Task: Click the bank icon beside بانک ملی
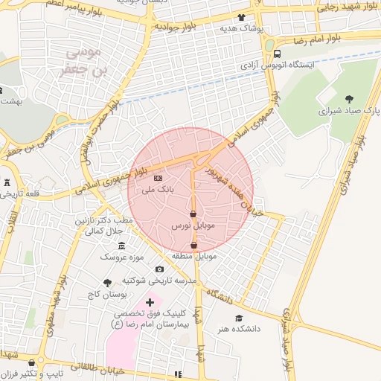[x=158, y=179]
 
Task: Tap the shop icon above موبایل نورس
[x=193, y=214]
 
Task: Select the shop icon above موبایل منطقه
[x=194, y=245]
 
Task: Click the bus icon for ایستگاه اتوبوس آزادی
[x=277, y=54]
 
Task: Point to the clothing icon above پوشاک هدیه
[x=241, y=16]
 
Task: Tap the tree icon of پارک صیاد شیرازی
[x=349, y=97]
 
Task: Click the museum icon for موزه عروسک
[x=121, y=246]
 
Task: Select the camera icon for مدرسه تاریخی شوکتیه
[x=159, y=269]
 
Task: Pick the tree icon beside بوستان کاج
[x=108, y=283]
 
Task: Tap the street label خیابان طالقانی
[x=94, y=367]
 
